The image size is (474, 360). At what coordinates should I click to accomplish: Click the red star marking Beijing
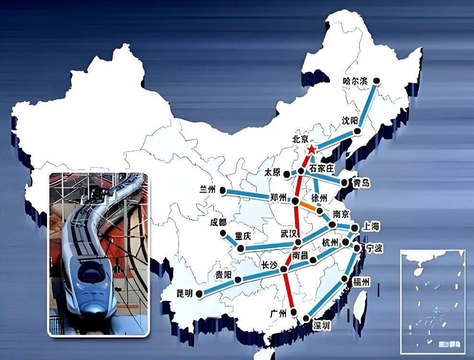pos(311,150)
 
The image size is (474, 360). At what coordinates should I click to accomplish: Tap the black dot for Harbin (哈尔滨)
pos(377,81)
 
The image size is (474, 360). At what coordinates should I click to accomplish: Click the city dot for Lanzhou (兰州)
pos(223,191)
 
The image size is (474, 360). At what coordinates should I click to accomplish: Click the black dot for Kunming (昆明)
pos(199,292)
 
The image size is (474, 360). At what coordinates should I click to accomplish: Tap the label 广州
pos(278,313)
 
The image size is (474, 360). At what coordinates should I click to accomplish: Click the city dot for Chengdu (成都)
pos(223,233)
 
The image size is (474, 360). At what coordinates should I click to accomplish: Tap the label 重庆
pos(243,237)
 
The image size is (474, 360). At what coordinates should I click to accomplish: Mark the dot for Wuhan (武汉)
pos(298,242)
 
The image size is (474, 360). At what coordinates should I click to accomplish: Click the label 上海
pos(371,227)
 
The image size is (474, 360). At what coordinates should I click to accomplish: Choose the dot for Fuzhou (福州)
pos(345,278)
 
